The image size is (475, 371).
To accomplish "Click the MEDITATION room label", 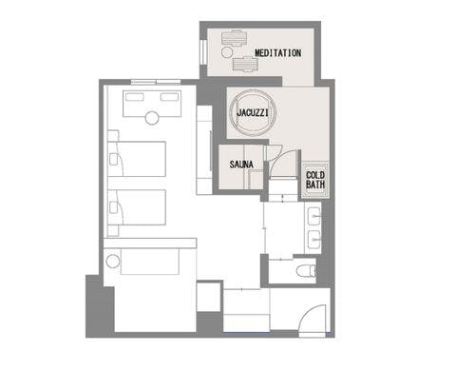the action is (277, 53).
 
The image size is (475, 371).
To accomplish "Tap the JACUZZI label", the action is (253, 112).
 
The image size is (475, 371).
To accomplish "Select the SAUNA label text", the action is (241, 165).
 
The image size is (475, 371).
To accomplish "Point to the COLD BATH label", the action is (315, 180).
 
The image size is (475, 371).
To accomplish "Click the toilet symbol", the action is (306, 271).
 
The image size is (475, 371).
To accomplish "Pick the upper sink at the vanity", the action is (314, 216).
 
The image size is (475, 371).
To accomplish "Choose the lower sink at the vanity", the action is (314, 240).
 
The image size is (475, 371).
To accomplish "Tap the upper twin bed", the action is (137, 159).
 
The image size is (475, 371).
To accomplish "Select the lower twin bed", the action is (137, 207).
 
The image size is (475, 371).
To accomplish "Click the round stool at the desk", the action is (152, 118).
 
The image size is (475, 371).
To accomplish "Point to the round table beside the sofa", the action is (112, 262).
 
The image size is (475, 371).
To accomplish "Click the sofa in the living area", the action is (150, 262).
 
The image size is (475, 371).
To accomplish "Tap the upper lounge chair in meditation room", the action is (235, 38).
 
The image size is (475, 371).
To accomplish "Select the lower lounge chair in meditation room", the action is (245, 64).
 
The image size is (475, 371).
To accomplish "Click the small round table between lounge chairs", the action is (227, 52).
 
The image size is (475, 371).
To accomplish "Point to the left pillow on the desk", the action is (135, 97).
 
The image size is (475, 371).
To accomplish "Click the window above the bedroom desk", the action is (156, 82).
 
